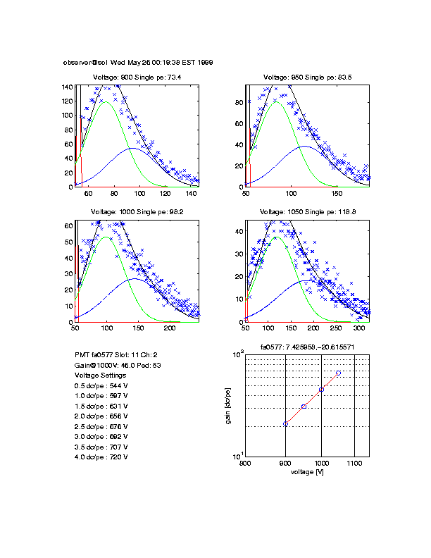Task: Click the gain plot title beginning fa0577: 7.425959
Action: [x=307, y=347]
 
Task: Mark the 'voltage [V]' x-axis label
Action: [x=307, y=472]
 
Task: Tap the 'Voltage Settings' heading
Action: [x=100, y=376]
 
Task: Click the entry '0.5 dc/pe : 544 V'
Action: [x=101, y=386]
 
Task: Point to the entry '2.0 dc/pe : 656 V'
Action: [x=101, y=416]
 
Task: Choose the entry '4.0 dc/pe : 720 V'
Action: [x=101, y=457]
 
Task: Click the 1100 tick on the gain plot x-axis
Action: [x=354, y=464]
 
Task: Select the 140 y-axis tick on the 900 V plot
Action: [x=68, y=87]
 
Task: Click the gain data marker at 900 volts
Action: [x=285, y=423]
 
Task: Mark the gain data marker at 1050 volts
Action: [x=338, y=373]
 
